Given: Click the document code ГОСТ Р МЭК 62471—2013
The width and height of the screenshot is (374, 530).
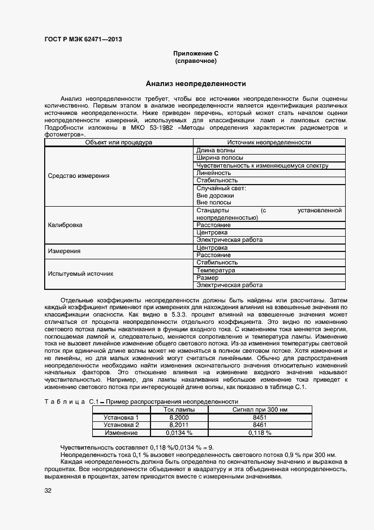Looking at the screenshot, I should [83, 40].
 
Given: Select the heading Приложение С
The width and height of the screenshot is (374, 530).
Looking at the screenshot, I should [196, 53].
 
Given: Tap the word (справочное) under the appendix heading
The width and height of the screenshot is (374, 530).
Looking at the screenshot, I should [196, 61].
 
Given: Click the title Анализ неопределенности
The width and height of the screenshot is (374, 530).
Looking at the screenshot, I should [196, 84].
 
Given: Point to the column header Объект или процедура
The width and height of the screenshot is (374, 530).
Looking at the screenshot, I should [119, 143].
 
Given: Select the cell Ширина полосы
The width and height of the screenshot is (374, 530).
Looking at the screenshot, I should [220, 158].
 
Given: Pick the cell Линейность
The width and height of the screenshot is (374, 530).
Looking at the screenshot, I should [213, 173].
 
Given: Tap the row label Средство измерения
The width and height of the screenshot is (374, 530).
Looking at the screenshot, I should [79, 176].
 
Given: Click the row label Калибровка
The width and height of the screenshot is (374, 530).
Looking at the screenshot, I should [65, 225].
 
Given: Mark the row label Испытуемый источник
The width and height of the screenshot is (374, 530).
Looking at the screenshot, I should [81, 273].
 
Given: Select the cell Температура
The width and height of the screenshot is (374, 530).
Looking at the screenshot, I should [216, 270].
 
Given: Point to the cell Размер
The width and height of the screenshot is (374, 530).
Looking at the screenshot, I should [207, 277].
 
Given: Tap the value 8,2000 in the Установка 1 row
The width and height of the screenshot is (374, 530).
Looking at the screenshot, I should [179, 417].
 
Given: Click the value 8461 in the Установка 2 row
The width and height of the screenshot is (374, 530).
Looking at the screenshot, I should [260, 425].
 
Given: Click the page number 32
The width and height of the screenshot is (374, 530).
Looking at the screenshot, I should [48, 490].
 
